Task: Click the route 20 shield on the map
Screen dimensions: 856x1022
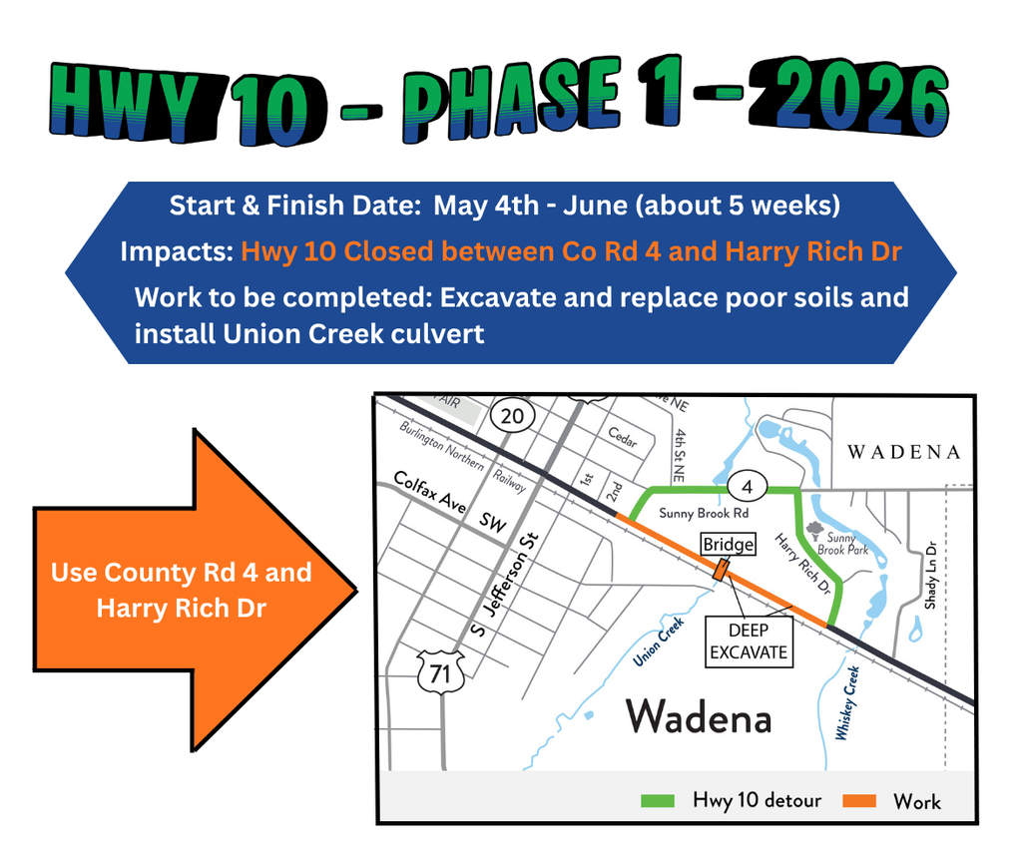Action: [x=511, y=416]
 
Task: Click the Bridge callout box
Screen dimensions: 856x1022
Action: [x=728, y=544]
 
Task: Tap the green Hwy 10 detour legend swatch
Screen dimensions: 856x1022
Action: [x=660, y=800]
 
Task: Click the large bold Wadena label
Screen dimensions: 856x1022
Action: [x=699, y=716]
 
